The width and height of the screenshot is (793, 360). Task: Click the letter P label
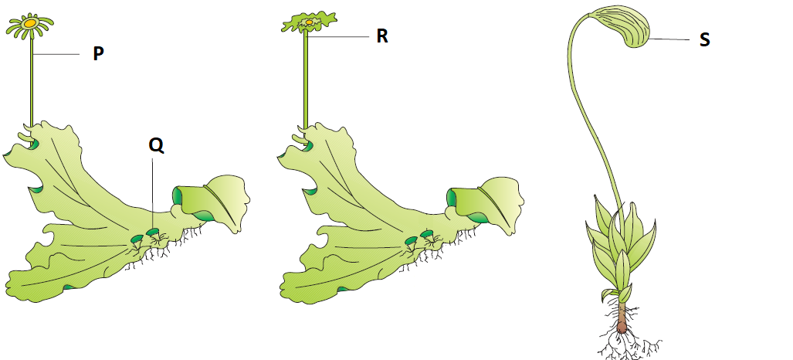(99, 54)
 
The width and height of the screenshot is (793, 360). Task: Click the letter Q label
(156, 146)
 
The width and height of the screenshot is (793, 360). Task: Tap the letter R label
(382, 36)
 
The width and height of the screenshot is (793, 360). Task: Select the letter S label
(704, 39)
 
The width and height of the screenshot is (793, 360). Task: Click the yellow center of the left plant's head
(30, 23)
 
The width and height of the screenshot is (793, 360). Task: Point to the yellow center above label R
(309, 22)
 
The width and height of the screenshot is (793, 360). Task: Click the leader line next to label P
(56, 54)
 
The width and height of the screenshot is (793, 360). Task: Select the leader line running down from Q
(153, 193)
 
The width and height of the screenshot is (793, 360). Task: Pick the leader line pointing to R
(339, 36)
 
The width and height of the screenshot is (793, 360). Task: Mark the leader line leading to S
(669, 39)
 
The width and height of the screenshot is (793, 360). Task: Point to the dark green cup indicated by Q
(152, 233)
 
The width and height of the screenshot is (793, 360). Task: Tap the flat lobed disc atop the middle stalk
(309, 22)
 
